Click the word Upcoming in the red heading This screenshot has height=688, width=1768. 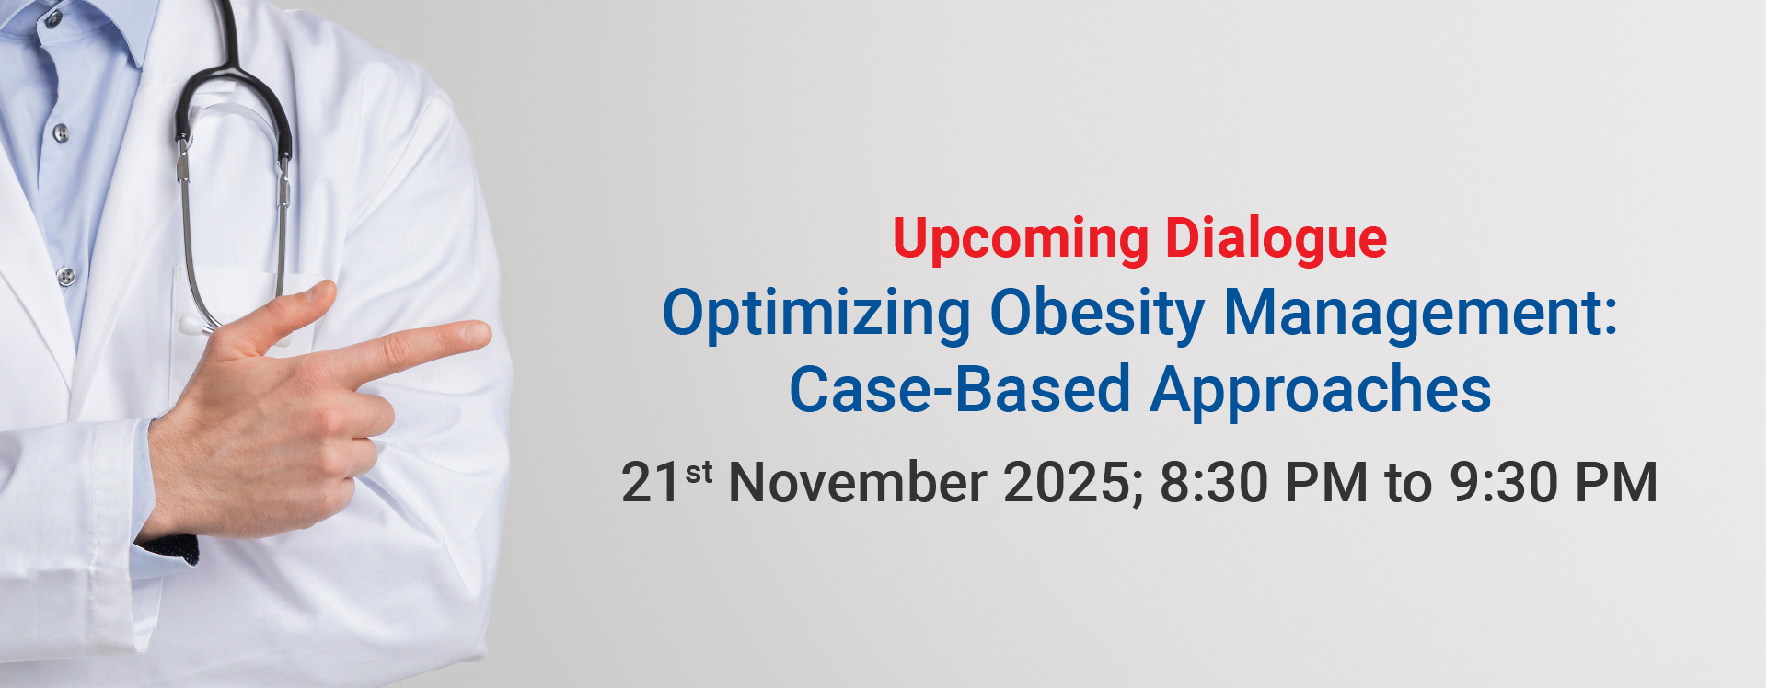1020,240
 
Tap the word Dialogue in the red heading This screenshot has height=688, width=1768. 1277,240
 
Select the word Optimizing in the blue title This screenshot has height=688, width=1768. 816,315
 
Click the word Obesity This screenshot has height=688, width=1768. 1097,315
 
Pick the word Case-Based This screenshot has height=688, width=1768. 960,389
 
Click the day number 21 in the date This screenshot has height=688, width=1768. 651,482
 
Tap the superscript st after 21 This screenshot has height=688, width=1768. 699,472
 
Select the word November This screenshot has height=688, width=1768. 858,482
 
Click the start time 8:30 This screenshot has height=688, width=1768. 1214,482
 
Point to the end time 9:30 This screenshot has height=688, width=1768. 1504,482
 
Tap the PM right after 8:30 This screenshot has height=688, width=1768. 1326,482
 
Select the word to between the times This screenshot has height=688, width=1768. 1409,484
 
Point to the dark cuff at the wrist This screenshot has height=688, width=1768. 169,548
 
